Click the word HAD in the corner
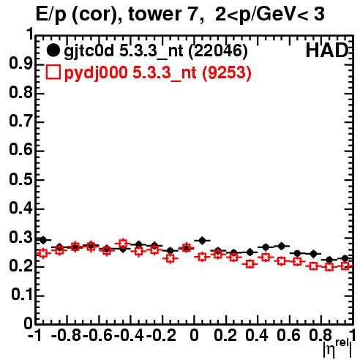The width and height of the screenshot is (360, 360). (327, 50)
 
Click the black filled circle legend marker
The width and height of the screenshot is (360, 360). (53, 50)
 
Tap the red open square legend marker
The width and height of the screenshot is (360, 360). (53, 72)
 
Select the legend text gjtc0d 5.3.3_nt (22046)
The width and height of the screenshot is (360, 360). (156, 51)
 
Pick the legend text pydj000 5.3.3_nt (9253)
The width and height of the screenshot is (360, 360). (157, 73)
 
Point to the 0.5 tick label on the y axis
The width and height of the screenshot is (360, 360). (20, 179)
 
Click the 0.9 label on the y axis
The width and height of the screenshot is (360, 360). (20, 64)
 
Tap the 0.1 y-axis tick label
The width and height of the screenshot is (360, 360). (21, 295)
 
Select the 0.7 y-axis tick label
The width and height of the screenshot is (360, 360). (20, 121)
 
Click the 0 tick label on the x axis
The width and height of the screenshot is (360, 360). (194, 335)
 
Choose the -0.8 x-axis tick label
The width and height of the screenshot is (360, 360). (67, 335)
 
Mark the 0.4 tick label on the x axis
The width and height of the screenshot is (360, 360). (257, 335)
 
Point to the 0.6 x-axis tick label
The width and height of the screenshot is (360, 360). (288, 335)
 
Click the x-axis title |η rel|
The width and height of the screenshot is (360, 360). (338, 348)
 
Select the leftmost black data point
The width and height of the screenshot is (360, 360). (43, 240)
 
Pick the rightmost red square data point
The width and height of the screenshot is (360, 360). (345, 266)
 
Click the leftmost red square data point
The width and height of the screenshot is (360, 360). (43, 253)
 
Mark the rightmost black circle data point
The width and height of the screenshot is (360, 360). (345, 258)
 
